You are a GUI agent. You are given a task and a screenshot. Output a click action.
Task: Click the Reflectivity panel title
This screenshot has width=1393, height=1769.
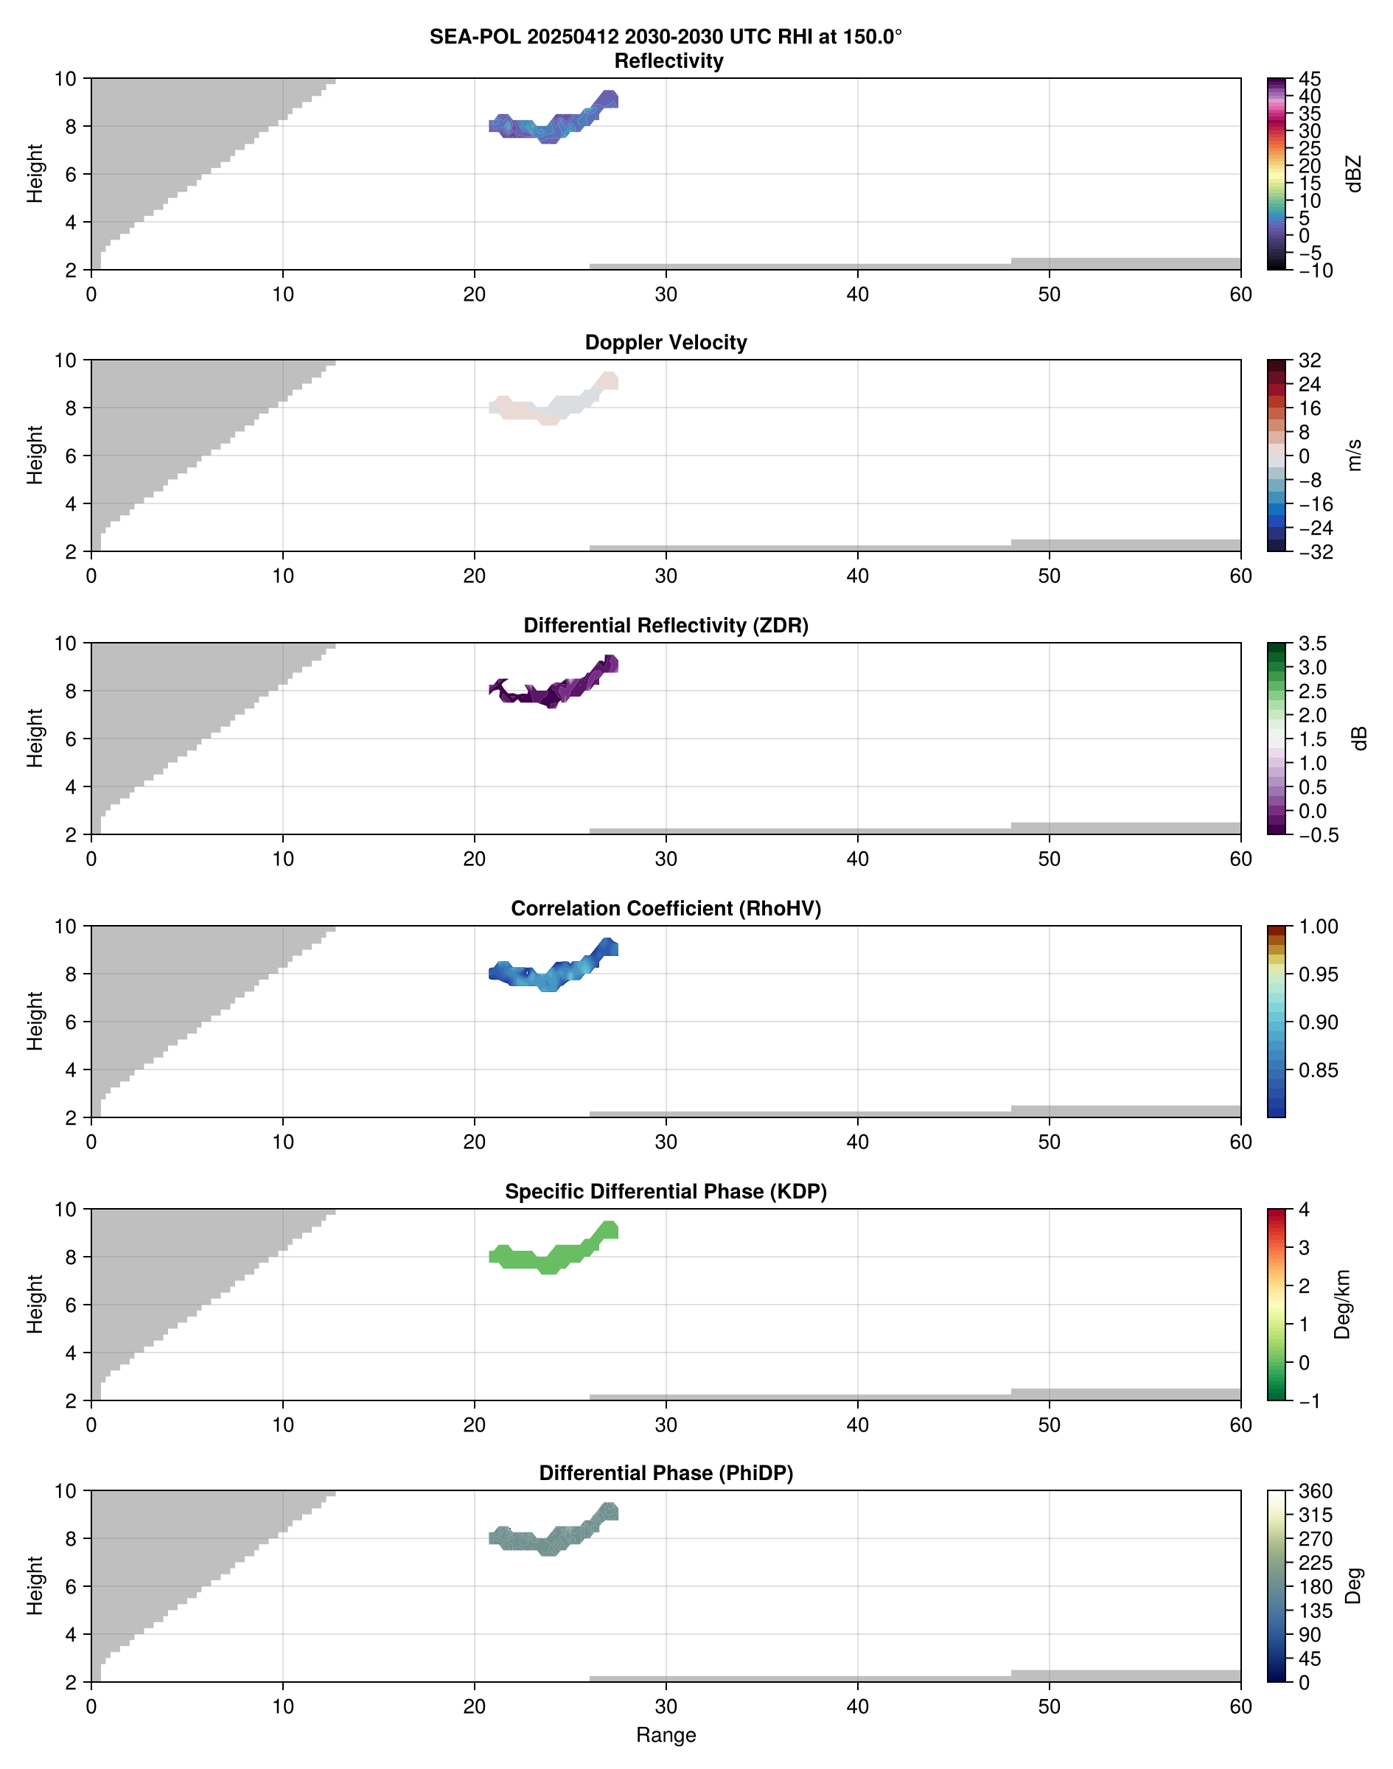click(x=668, y=61)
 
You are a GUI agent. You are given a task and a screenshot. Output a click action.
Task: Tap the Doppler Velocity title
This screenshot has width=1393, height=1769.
click(x=666, y=343)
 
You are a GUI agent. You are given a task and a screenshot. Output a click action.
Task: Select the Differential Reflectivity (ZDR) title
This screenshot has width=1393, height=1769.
click(x=666, y=626)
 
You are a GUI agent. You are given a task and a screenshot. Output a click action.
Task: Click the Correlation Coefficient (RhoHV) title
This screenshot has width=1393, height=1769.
click(x=666, y=909)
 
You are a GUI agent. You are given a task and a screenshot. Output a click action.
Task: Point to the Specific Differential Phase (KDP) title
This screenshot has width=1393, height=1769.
click(x=666, y=1192)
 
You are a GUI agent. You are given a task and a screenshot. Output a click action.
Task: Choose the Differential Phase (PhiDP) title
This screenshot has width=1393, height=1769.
click(x=666, y=1473)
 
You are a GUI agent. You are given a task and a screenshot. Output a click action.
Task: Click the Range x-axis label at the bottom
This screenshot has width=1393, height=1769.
click(x=666, y=1735)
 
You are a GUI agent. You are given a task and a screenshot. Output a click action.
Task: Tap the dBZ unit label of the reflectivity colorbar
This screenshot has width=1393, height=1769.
click(x=1354, y=174)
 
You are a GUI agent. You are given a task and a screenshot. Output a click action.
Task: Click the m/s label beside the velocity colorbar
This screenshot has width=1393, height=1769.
click(x=1354, y=455)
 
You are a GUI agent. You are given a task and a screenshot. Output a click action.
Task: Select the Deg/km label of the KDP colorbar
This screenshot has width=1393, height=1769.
click(x=1341, y=1305)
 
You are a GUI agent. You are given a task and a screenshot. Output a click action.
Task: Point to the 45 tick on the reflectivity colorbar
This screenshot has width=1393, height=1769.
click(x=1309, y=79)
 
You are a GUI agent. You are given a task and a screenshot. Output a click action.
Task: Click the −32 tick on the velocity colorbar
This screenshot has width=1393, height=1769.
click(x=1314, y=552)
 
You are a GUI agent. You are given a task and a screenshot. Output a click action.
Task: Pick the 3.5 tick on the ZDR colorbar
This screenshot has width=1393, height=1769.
click(x=1311, y=643)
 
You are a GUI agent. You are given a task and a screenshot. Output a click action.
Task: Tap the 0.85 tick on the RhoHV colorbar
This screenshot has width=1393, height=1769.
click(x=1317, y=1070)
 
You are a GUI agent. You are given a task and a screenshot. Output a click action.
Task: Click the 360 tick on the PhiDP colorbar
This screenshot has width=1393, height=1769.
click(x=1315, y=1491)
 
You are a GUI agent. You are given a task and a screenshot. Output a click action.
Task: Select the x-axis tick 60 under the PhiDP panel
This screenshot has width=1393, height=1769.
click(x=1240, y=1706)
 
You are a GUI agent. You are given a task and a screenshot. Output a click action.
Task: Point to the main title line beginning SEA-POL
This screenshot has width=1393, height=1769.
click(x=666, y=38)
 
